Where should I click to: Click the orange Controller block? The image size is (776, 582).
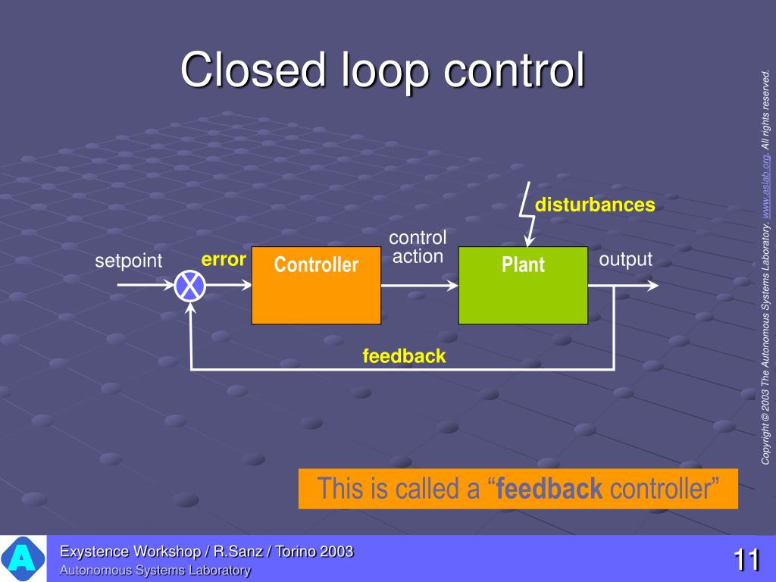(316, 285)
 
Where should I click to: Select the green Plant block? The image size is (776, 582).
(523, 285)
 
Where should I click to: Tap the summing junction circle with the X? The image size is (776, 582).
(189, 286)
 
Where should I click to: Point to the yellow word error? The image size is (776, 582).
(224, 260)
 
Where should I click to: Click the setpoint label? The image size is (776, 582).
(128, 261)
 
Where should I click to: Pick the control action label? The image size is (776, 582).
(418, 247)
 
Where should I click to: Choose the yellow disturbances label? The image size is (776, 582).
(595, 205)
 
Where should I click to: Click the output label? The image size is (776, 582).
(625, 259)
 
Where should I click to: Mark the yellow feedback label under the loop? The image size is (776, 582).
(404, 355)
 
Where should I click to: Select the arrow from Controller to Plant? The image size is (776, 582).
(419, 286)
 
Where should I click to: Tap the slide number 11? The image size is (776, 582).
(746, 560)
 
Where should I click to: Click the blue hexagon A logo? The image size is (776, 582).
(23, 559)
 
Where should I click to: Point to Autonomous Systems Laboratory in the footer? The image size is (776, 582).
(155, 571)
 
